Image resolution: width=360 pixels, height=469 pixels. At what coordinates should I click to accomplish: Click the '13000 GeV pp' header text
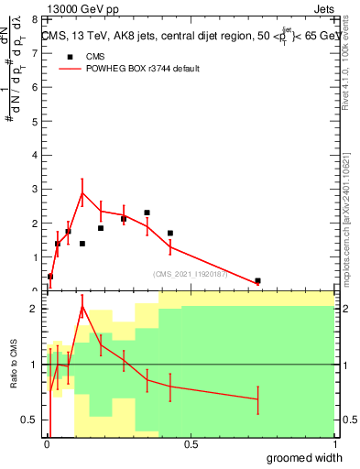83,9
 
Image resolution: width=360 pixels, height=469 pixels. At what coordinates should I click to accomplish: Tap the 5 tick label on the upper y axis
34,121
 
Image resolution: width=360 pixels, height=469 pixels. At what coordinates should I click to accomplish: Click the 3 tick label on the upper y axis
34,189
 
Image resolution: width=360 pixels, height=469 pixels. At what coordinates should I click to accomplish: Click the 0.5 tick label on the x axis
191,445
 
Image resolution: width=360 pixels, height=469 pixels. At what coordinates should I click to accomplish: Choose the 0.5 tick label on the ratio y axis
30,420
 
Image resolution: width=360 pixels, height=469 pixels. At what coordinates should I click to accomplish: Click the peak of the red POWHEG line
82,192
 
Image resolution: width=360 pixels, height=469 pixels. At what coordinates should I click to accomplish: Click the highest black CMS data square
147,213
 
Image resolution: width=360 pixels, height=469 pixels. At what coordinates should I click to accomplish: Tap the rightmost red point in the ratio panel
257,399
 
